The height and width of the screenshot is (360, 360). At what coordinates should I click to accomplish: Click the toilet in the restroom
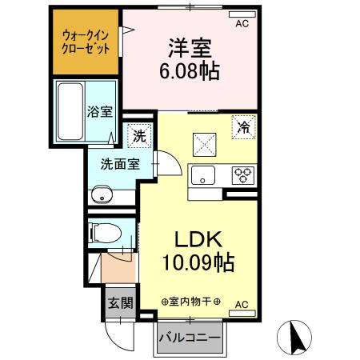105,233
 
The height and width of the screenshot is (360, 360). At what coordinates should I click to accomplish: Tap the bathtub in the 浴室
70,111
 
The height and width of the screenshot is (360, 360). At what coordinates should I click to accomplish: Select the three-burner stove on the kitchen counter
243,175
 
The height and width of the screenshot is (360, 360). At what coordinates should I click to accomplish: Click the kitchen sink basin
203,175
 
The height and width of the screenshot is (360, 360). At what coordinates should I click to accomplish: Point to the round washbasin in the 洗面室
102,194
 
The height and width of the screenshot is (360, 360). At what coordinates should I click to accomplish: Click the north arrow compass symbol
294,337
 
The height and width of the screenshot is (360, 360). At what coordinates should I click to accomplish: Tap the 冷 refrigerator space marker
244,127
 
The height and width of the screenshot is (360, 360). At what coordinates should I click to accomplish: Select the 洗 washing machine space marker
139,136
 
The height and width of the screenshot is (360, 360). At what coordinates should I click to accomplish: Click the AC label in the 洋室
242,23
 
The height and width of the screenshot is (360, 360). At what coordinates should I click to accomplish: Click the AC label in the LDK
242,304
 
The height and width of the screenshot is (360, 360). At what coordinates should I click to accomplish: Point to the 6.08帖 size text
190,71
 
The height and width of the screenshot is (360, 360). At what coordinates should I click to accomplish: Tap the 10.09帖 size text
198,262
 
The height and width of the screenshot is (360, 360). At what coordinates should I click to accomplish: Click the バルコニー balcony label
190,338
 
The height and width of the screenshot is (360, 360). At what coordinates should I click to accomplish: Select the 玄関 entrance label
120,303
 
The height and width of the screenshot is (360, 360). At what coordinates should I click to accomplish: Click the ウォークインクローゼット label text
86,42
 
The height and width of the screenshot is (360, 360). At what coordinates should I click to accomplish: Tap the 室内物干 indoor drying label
190,302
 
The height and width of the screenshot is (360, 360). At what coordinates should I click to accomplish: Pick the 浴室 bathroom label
100,112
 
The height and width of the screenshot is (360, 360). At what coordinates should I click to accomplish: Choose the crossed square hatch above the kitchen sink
204,145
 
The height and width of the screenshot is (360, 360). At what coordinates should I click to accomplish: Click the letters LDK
198,239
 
